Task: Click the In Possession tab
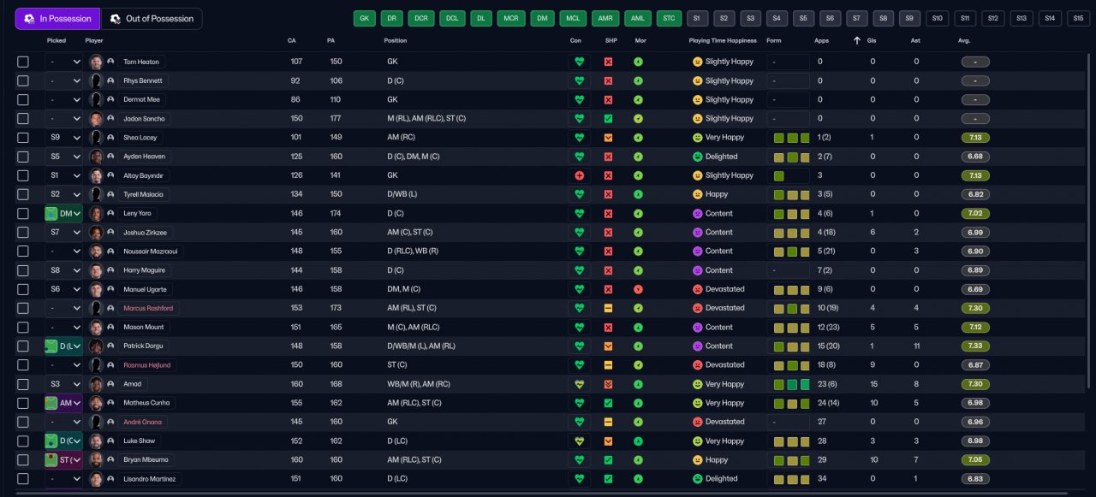(57, 19)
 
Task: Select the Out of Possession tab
(152, 19)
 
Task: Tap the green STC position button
(670, 18)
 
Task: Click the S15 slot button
(1077, 18)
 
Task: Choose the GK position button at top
(365, 18)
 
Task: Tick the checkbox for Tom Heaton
(23, 62)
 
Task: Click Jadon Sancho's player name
(144, 119)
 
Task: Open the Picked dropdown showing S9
(64, 138)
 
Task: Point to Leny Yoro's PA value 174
(335, 214)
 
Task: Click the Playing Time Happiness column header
(723, 40)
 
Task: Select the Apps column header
(821, 40)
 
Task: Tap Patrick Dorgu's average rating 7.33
(975, 346)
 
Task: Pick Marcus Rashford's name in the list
(148, 308)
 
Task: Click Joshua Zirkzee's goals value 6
(873, 233)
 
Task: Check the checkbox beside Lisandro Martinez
(23, 479)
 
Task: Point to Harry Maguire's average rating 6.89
(975, 270)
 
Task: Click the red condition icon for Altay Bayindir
(579, 175)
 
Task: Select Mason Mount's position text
(414, 328)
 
